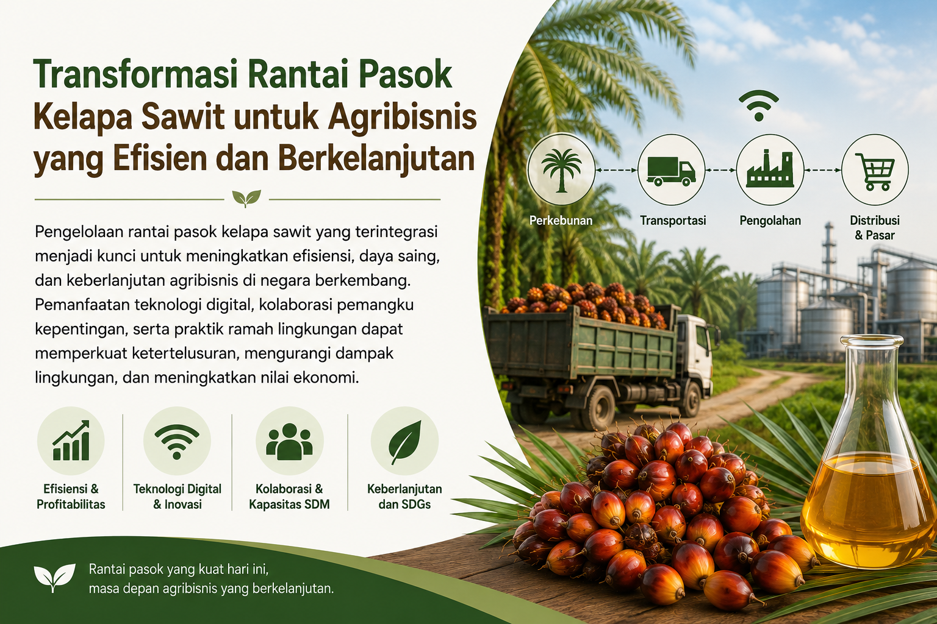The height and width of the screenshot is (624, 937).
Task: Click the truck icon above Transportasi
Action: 671,171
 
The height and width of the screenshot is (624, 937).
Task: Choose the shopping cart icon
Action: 875,171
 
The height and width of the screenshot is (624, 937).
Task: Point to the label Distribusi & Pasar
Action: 874,227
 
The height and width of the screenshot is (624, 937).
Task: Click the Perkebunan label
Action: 561,220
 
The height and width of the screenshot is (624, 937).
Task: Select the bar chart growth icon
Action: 71,441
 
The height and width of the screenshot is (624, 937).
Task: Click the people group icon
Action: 290,440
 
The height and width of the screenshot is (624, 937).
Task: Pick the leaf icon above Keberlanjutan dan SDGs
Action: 404,442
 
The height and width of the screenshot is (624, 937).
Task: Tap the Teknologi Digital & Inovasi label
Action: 178,497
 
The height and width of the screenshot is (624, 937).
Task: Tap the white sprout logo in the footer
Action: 54,577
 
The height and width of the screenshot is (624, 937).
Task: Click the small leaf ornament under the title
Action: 246,199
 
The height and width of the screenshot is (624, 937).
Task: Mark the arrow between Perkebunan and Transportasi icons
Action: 616,171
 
